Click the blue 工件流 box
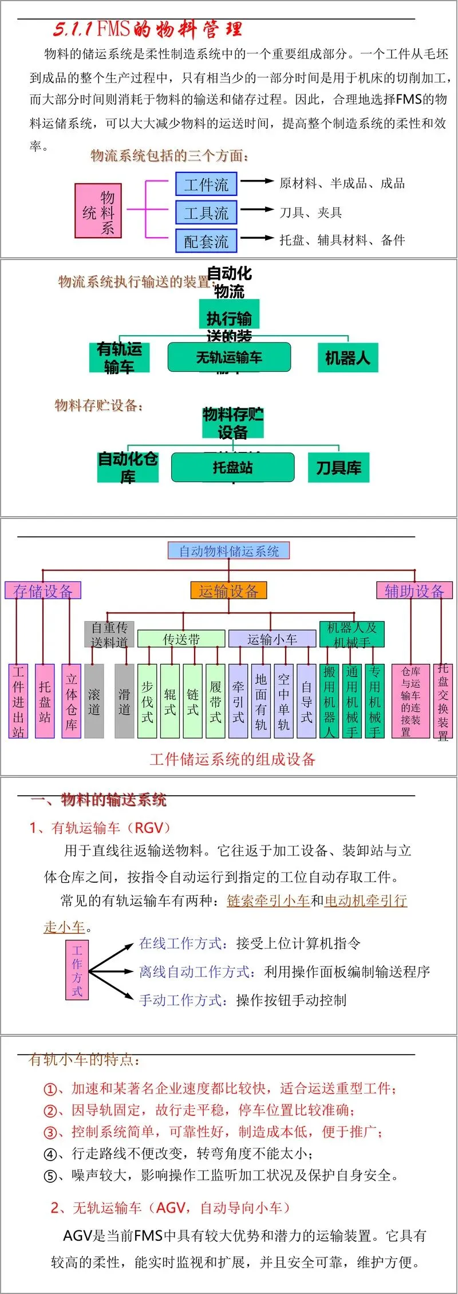tap(206, 184)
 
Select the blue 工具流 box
tap(206, 213)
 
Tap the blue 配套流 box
tap(206, 241)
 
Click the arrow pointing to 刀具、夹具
tap(257, 210)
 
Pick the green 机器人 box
tap(348, 358)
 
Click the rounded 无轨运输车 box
tap(229, 357)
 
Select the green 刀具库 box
tap(338, 468)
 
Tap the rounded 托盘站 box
tap(232, 467)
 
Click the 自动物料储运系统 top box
tap(228, 551)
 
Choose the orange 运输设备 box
tap(228, 591)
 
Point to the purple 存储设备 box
tap(43, 591)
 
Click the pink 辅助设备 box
tap(414, 591)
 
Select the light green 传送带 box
tap(181, 639)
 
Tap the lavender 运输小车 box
tap(272, 639)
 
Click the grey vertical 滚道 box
tap(94, 701)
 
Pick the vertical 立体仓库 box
tap(71, 701)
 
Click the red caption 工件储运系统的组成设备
tap(232, 760)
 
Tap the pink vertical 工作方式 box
tap(77, 971)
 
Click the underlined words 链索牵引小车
tap(268, 900)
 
